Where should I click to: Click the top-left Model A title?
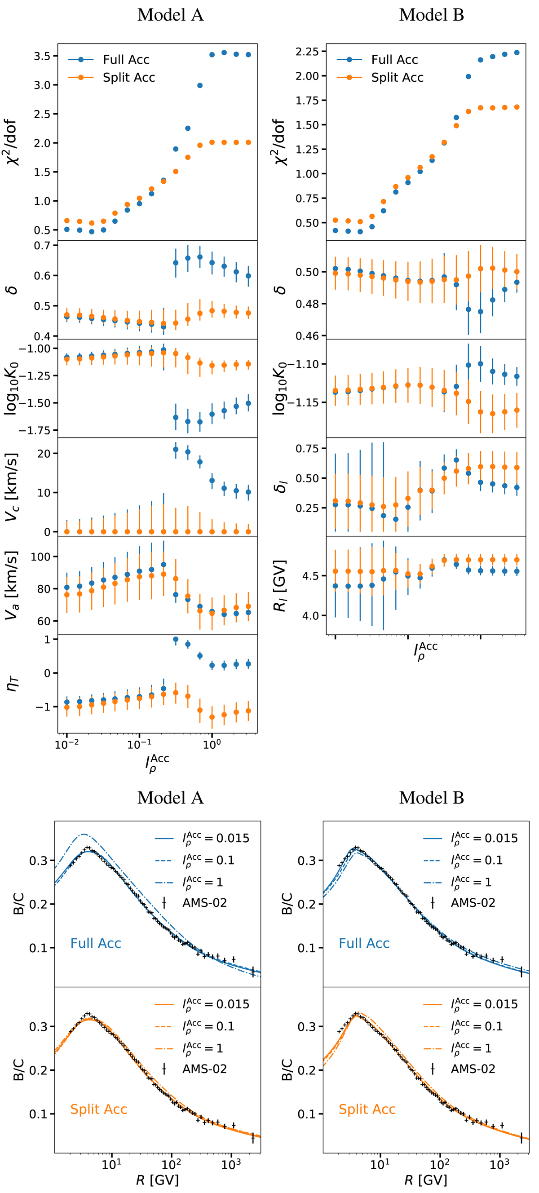coord(170,15)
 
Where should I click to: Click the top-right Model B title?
coord(431,15)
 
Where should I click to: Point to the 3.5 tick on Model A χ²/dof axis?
coord(42,56)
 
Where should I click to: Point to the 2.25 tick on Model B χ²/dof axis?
coord(308,51)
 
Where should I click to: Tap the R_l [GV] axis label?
coord(280,585)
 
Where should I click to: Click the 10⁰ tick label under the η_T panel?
coord(212,745)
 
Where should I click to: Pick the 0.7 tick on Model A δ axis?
coord(42,245)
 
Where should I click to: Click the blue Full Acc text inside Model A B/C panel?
coord(95,943)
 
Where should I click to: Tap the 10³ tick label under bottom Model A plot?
coord(230,1164)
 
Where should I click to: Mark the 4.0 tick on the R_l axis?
coord(311,615)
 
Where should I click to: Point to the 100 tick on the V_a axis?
coord(40,557)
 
